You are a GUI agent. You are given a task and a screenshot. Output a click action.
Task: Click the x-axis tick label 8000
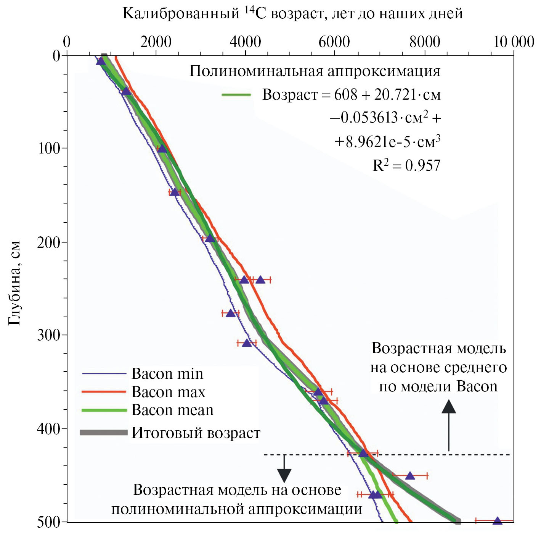[425, 42]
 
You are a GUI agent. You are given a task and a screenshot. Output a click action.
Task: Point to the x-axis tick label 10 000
[513, 42]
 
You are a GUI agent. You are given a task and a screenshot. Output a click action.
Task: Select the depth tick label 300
[49, 335]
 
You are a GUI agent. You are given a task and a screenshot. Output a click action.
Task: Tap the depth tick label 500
[49, 522]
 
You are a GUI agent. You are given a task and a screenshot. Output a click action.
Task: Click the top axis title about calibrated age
[292, 13]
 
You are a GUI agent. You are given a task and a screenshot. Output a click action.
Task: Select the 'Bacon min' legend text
[167, 374]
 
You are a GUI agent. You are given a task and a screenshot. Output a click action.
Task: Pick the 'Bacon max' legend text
[168, 392]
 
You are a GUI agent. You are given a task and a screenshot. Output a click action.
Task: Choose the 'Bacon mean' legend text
[172, 410]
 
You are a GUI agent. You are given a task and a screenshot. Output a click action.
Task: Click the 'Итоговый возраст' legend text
[196, 433]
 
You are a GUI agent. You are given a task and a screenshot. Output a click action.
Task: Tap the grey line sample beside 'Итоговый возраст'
[104, 433]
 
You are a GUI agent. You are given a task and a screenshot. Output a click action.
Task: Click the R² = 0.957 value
[406, 165]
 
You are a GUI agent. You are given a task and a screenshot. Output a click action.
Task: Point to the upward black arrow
[449, 424]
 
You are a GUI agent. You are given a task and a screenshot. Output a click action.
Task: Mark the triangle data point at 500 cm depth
[497, 521]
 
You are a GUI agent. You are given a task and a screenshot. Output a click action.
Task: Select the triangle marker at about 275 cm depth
[230, 313]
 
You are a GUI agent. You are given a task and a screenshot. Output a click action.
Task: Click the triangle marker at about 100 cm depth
[162, 149]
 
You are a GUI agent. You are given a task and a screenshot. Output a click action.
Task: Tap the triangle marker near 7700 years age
[410, 476]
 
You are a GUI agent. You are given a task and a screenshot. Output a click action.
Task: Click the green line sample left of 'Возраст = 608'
[236, 95]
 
